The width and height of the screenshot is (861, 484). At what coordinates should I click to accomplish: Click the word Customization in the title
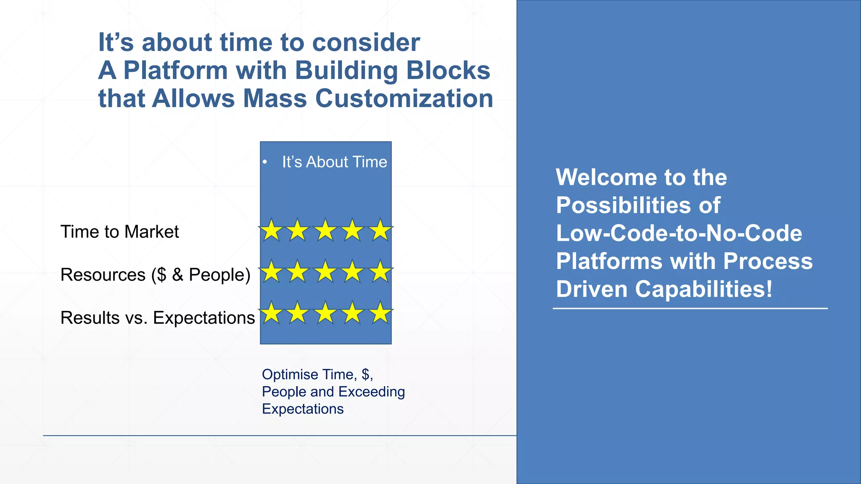[x=404, y=99]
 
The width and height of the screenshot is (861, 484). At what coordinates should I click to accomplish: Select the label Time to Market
[x=119, y=232]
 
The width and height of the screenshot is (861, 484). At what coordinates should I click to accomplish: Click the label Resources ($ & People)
[x=155, y=275]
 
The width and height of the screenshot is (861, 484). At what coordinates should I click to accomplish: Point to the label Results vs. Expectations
[x=158, y=318]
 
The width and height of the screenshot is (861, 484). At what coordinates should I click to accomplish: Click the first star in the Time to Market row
[x=271, y=231]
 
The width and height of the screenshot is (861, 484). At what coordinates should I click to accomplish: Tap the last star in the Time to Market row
[x=380, y=231]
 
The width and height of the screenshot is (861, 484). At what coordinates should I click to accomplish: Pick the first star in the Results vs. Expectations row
[x=271, y=313]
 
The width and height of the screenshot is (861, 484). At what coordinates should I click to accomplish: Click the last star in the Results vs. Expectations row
[x=380, y=313]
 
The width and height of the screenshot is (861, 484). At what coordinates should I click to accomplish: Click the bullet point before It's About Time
[x=265, y=163]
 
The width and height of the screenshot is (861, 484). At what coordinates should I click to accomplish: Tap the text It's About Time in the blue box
[x=334, y=162]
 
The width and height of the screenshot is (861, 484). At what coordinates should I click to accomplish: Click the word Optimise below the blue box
[x=290, y=374]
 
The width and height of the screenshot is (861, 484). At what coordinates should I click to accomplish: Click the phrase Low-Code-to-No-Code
[x=679, y=233]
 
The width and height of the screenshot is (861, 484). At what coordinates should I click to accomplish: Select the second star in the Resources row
[x=298, y=272]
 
